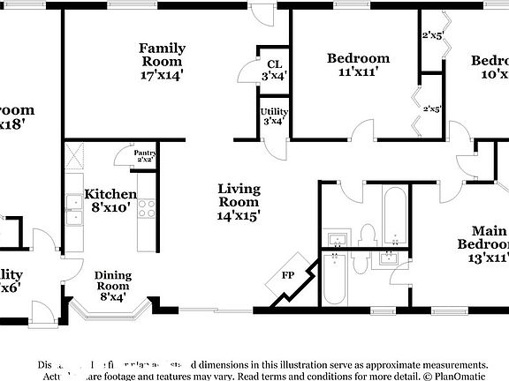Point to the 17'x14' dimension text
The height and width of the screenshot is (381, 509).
161,76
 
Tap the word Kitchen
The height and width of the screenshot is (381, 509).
110,194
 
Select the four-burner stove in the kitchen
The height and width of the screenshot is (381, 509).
146,209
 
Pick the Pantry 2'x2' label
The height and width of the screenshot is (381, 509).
145,156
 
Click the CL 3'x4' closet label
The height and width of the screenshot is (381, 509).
274,70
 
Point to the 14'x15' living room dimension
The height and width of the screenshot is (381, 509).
239,213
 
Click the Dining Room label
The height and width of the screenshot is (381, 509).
112,280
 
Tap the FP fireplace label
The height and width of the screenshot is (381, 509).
287,274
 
